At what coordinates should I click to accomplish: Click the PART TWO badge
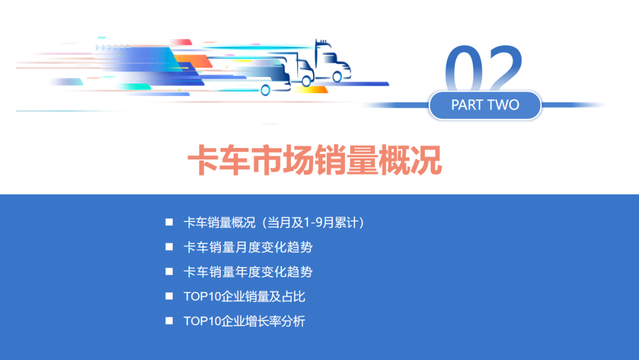[x=485, y=105]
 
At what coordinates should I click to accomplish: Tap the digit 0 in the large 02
[x=464, y=70]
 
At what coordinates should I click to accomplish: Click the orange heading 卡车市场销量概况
[x=315, y=160]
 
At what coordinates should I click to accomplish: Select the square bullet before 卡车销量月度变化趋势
[x=169, y=247]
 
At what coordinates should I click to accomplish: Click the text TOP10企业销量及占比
[x=244, y=297]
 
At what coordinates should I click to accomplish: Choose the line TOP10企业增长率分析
[x=244, y=322]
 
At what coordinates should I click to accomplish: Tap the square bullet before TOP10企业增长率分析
[x=169, y=321]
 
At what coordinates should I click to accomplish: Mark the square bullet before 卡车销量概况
[x=169, y=222]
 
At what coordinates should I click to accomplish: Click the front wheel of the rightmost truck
[x=337, y=76]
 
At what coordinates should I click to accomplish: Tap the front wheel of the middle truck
[x=306, y=82]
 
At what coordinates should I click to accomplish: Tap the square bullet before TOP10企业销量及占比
[x=169, y=296]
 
